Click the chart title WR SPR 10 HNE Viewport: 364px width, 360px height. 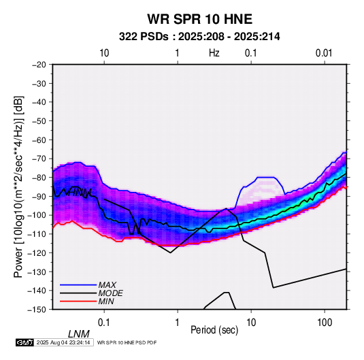coord(199,19)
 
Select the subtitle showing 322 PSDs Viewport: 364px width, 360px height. coord(199,37)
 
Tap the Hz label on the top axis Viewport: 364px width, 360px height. coord(214,53)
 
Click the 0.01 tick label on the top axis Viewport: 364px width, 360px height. coord(324,53)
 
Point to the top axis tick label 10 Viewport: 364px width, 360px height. coord(104,53)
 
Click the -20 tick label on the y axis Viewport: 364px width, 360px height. coord(39,65)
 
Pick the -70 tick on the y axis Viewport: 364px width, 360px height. coord(39,159)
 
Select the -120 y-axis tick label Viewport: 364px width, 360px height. coord(37,252)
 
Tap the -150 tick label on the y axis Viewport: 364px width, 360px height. coord(37,310)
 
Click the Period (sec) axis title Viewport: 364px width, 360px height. coord(214,330)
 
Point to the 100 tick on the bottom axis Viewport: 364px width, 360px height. coord(325,323)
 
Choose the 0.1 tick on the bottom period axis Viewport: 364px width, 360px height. coord(104,323)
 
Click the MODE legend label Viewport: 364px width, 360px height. coord(110,293)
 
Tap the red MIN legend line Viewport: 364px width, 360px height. coord(78,301)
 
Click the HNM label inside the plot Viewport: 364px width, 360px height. coord(78,193)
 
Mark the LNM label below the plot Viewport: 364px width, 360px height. coord(79,334)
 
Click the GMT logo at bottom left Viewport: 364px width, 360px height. coord(24,342)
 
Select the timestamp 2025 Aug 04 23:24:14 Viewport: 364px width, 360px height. coord(63,342)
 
